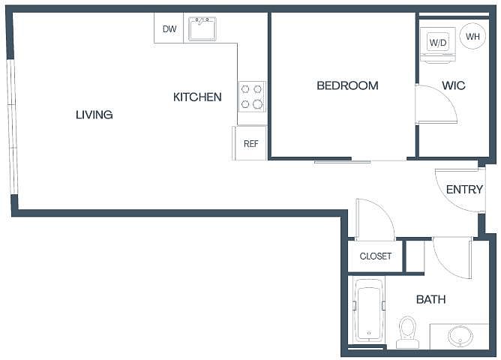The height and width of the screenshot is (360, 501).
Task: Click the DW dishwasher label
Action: (169, 29)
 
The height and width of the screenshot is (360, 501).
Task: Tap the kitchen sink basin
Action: (202, 29)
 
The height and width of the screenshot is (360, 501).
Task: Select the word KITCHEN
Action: (197, 97)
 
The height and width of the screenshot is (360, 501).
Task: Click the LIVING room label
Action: (94, 115)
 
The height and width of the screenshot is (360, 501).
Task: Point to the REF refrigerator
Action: (250, 142)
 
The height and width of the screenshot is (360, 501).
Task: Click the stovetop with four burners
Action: (252, 97)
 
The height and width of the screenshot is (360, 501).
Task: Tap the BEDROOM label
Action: (348, 85)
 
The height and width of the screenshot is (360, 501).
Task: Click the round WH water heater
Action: (472, 36)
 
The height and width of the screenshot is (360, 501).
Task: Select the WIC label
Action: (454, 85)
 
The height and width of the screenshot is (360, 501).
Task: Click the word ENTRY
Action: (464, 190)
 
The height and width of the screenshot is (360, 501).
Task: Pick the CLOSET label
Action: (376, 256)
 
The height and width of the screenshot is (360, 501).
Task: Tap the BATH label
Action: (431, 299)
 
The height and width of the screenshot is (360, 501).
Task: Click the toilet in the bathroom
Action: (408, 332)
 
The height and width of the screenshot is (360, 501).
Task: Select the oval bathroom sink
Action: (460, 336)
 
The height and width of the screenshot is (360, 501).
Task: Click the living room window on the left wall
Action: (12, 127)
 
